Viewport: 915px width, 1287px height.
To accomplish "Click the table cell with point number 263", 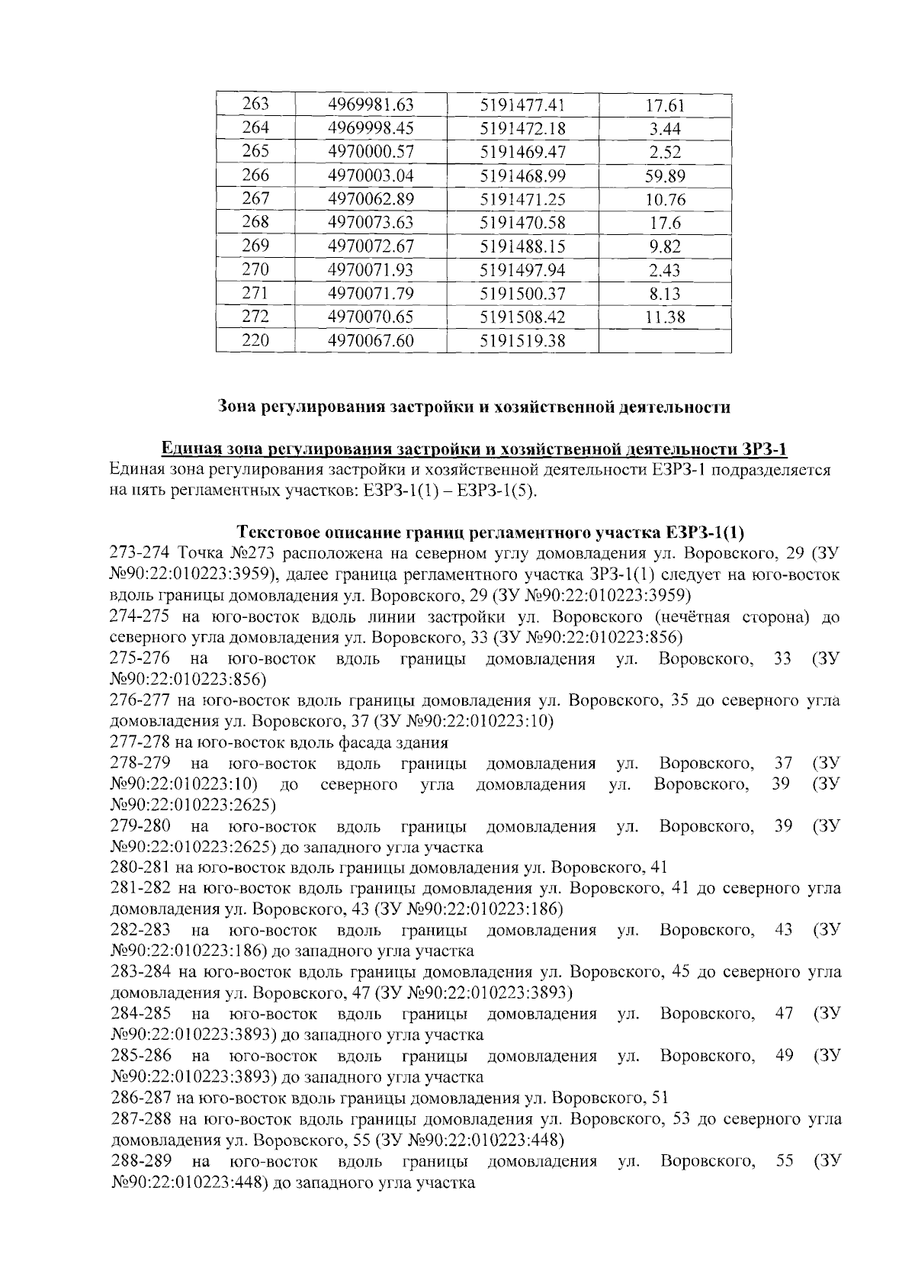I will coord(255,105).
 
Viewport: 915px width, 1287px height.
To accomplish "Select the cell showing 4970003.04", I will coord(371,175).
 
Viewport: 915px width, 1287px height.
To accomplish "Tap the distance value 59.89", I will coord(665,176).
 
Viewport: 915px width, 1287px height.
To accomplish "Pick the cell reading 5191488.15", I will coord(522,246).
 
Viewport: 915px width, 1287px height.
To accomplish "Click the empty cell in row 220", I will coord(665,340).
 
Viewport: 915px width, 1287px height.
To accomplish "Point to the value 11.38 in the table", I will coord(665,317).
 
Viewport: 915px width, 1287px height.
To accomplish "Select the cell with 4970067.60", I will coord(371,341).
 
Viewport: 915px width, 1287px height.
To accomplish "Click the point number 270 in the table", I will coord(255,270).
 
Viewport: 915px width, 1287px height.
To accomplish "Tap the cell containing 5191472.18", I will coord(522,128).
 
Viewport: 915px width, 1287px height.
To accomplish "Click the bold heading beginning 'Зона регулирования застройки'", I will coord(474,407).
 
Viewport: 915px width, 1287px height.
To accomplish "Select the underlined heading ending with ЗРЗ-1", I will coord(474,448).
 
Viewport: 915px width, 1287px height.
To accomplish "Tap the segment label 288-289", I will coord(140,1162).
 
